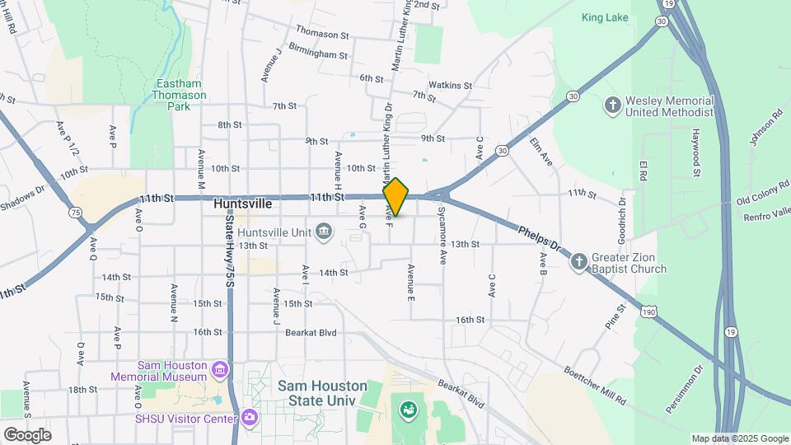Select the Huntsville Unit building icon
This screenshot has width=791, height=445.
click(x=324, y=232)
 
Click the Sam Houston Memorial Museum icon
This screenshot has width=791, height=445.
click(x=220, y=370)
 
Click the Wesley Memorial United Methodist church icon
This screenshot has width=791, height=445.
click(x=612, y=105)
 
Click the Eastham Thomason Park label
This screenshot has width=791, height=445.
click(x=174, y=96)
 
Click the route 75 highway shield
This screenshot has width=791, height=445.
click(x=76, y=212)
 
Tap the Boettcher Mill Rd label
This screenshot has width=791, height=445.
click(x=596, y=386)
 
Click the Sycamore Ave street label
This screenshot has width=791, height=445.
click(x=442, y=235)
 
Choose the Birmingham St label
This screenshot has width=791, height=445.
click(x=318, y=54)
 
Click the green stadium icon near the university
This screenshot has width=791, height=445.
click(x=407, y=408)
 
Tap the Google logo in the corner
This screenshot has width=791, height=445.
click(x=27, y=434)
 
